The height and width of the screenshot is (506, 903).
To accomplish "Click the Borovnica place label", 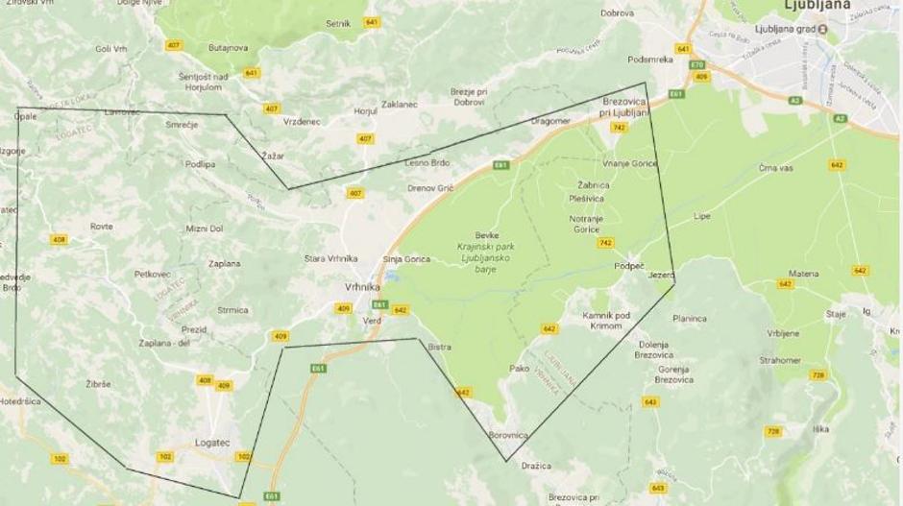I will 508,435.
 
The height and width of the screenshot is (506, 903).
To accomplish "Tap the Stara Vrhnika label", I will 330,258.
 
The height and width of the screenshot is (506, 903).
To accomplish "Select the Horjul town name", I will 365,111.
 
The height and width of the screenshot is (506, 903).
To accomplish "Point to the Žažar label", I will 273,155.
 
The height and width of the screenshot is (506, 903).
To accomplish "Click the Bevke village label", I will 487,235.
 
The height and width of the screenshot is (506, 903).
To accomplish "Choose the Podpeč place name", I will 629,266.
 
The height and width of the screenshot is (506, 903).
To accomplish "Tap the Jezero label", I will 662,275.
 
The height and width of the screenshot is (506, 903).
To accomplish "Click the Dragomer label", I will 550,121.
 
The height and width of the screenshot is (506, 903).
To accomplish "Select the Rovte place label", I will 101,227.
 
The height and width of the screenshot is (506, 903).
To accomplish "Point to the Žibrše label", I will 98,383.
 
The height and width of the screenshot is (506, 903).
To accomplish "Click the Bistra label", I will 439,347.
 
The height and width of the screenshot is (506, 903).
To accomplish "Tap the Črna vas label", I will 775,168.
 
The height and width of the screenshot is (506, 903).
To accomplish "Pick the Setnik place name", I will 338,23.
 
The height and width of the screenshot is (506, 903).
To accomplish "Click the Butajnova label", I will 228,47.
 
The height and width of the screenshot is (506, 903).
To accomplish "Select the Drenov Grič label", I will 429,187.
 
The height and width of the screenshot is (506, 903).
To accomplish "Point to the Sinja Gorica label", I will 406,259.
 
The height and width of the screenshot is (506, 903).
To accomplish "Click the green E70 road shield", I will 697,65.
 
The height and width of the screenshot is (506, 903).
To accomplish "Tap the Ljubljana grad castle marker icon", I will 822,29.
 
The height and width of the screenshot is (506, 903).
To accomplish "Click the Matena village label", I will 804,274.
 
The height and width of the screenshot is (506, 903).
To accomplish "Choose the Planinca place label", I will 690,319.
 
